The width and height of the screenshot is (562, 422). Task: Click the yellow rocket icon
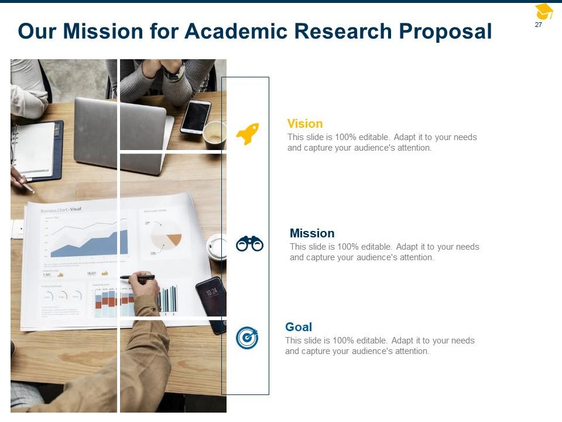[x=247, y=134]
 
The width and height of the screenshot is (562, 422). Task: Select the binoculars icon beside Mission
[x=249, y=243]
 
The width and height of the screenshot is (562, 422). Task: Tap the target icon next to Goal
[x=247, y=338]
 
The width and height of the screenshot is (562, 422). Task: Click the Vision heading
[x=305, y=124]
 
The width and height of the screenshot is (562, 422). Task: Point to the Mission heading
[x=312, y=233]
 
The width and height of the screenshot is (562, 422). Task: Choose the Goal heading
[x=299, y=327]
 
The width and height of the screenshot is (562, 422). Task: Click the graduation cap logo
[x=544, y=11]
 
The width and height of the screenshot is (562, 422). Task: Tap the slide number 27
[x=539, y=25]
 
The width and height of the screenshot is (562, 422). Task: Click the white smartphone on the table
[x=196, y=116]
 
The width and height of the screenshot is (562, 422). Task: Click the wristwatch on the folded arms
[x=174, y=73]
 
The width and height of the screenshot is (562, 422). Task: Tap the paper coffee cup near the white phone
[x=214, y=134]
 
